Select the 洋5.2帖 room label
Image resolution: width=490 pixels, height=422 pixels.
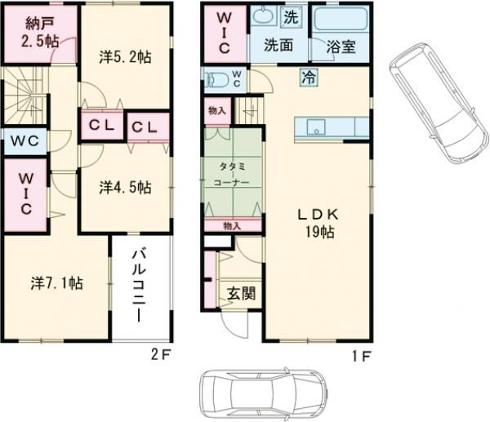(x=125, y=57)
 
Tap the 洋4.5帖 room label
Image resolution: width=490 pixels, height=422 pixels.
(x=125, y=187)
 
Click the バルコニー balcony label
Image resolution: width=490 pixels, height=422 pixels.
(x=140, y=287)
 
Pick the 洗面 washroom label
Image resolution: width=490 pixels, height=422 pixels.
(x=278, y=46)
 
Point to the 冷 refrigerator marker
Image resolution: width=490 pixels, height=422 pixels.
(x=309, y=78)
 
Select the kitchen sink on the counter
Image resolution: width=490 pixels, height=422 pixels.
(x=316, y=127)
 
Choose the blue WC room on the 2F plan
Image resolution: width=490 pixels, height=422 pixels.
(x=24, y=140)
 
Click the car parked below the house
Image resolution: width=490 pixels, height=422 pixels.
(x=264, y=393)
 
